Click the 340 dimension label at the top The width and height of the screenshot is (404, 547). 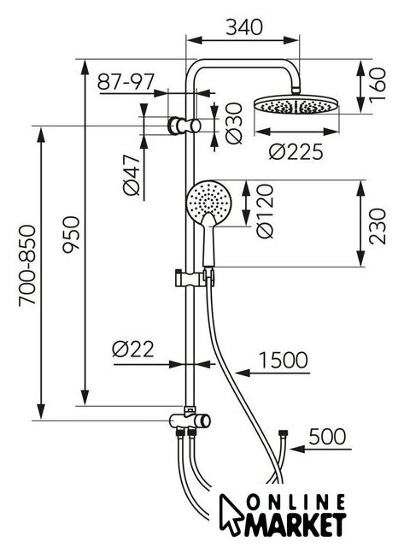pos(243,27)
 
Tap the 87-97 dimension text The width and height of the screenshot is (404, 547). pos(126,82)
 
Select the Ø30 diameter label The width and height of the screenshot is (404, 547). pos(234,123)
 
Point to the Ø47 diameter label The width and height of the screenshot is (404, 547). pos(132,175)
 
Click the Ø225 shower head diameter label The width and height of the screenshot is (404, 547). pos(296,152)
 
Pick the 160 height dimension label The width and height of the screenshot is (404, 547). pos(378,85)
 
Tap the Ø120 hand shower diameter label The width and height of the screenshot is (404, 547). pos(265,211)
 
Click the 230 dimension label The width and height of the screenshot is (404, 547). pos(378,226)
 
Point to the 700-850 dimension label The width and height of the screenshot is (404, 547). pos(27,266)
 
